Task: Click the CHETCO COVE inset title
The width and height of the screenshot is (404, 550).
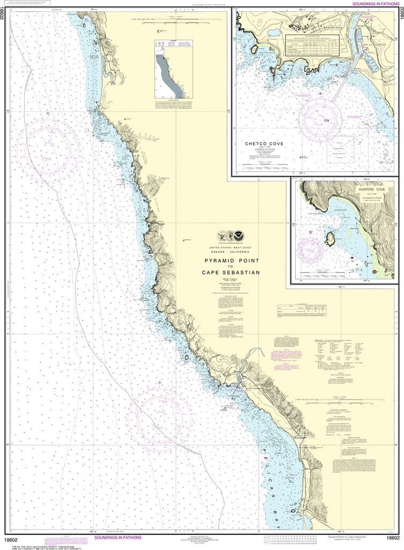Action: pos(264,144)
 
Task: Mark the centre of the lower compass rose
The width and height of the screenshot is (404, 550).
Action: pos(159,416)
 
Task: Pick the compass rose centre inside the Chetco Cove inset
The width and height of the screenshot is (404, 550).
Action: pos(321,119)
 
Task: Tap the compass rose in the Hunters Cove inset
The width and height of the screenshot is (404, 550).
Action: pos(312,248)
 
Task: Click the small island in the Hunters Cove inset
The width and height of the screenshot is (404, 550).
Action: pos(329,238)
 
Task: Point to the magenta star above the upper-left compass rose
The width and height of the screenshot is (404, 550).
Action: pos(48,114)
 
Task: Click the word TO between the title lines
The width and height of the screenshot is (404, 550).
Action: pos(230,266)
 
